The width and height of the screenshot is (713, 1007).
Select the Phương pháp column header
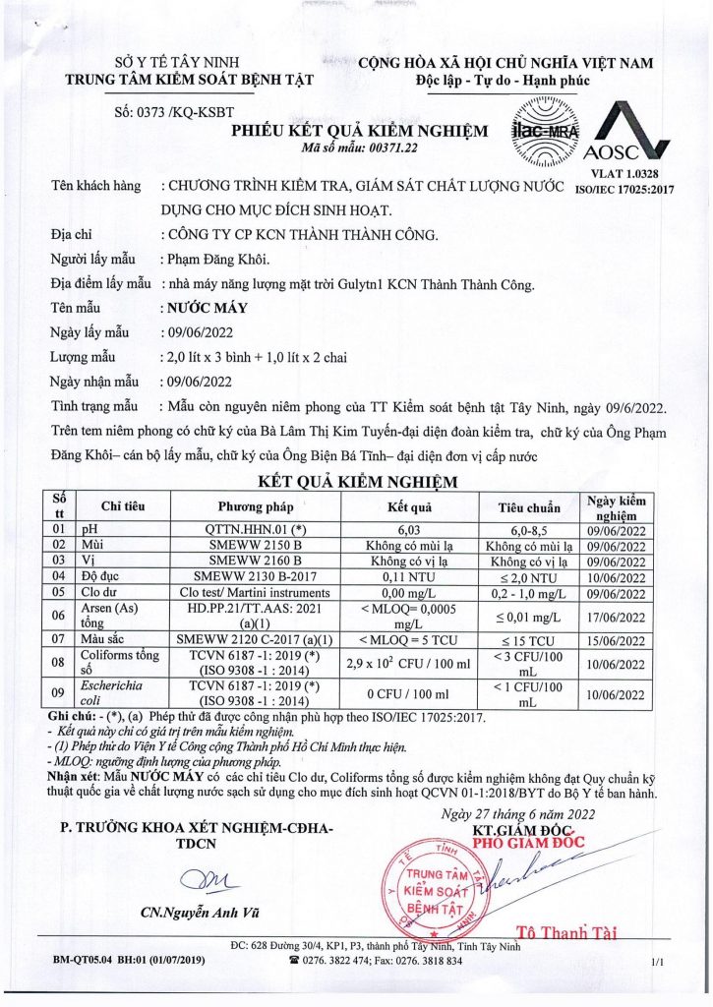pyautogui.click(x=254, y=507)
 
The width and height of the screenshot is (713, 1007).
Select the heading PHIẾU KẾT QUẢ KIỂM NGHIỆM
pyautogui.click(x=359, y=131)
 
